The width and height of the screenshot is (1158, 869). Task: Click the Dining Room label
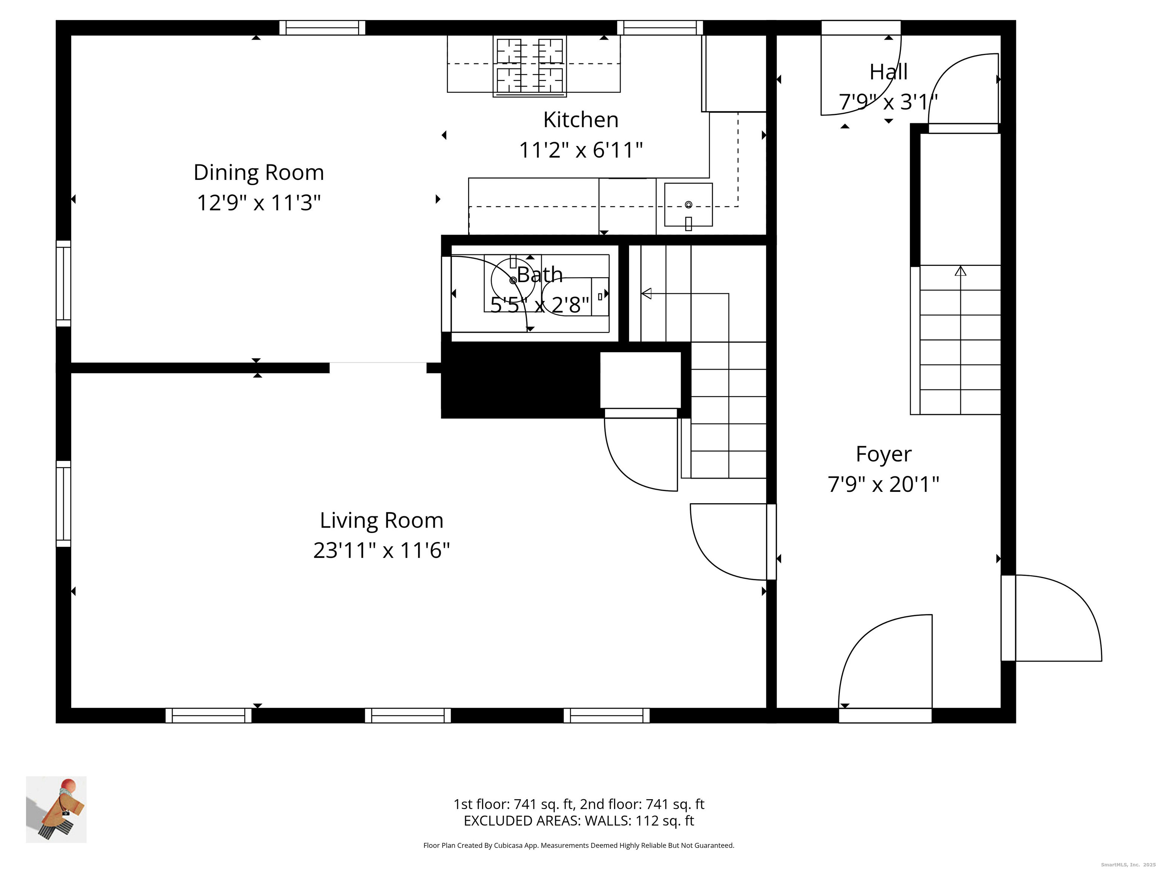pos(259,172)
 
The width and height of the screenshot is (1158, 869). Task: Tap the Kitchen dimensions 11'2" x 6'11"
pos(581,150)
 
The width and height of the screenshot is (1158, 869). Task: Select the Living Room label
pos(381,520)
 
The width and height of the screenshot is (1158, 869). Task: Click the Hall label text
pos(888,72)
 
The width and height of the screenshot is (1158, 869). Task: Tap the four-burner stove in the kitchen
pos(529,66)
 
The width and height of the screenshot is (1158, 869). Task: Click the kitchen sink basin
pos(688,205)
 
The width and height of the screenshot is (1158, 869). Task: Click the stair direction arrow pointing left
pos(647,293)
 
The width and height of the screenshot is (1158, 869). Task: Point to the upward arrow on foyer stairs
pos(960,271)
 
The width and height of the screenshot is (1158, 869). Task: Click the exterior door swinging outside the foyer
pos(1052,618)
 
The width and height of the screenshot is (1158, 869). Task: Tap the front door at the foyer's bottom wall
pos(885,715)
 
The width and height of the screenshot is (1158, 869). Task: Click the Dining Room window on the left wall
pos(63,283)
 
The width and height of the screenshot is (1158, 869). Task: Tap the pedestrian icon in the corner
pos(57,809)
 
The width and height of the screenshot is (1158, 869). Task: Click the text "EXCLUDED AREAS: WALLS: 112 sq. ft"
pos(579,821)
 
